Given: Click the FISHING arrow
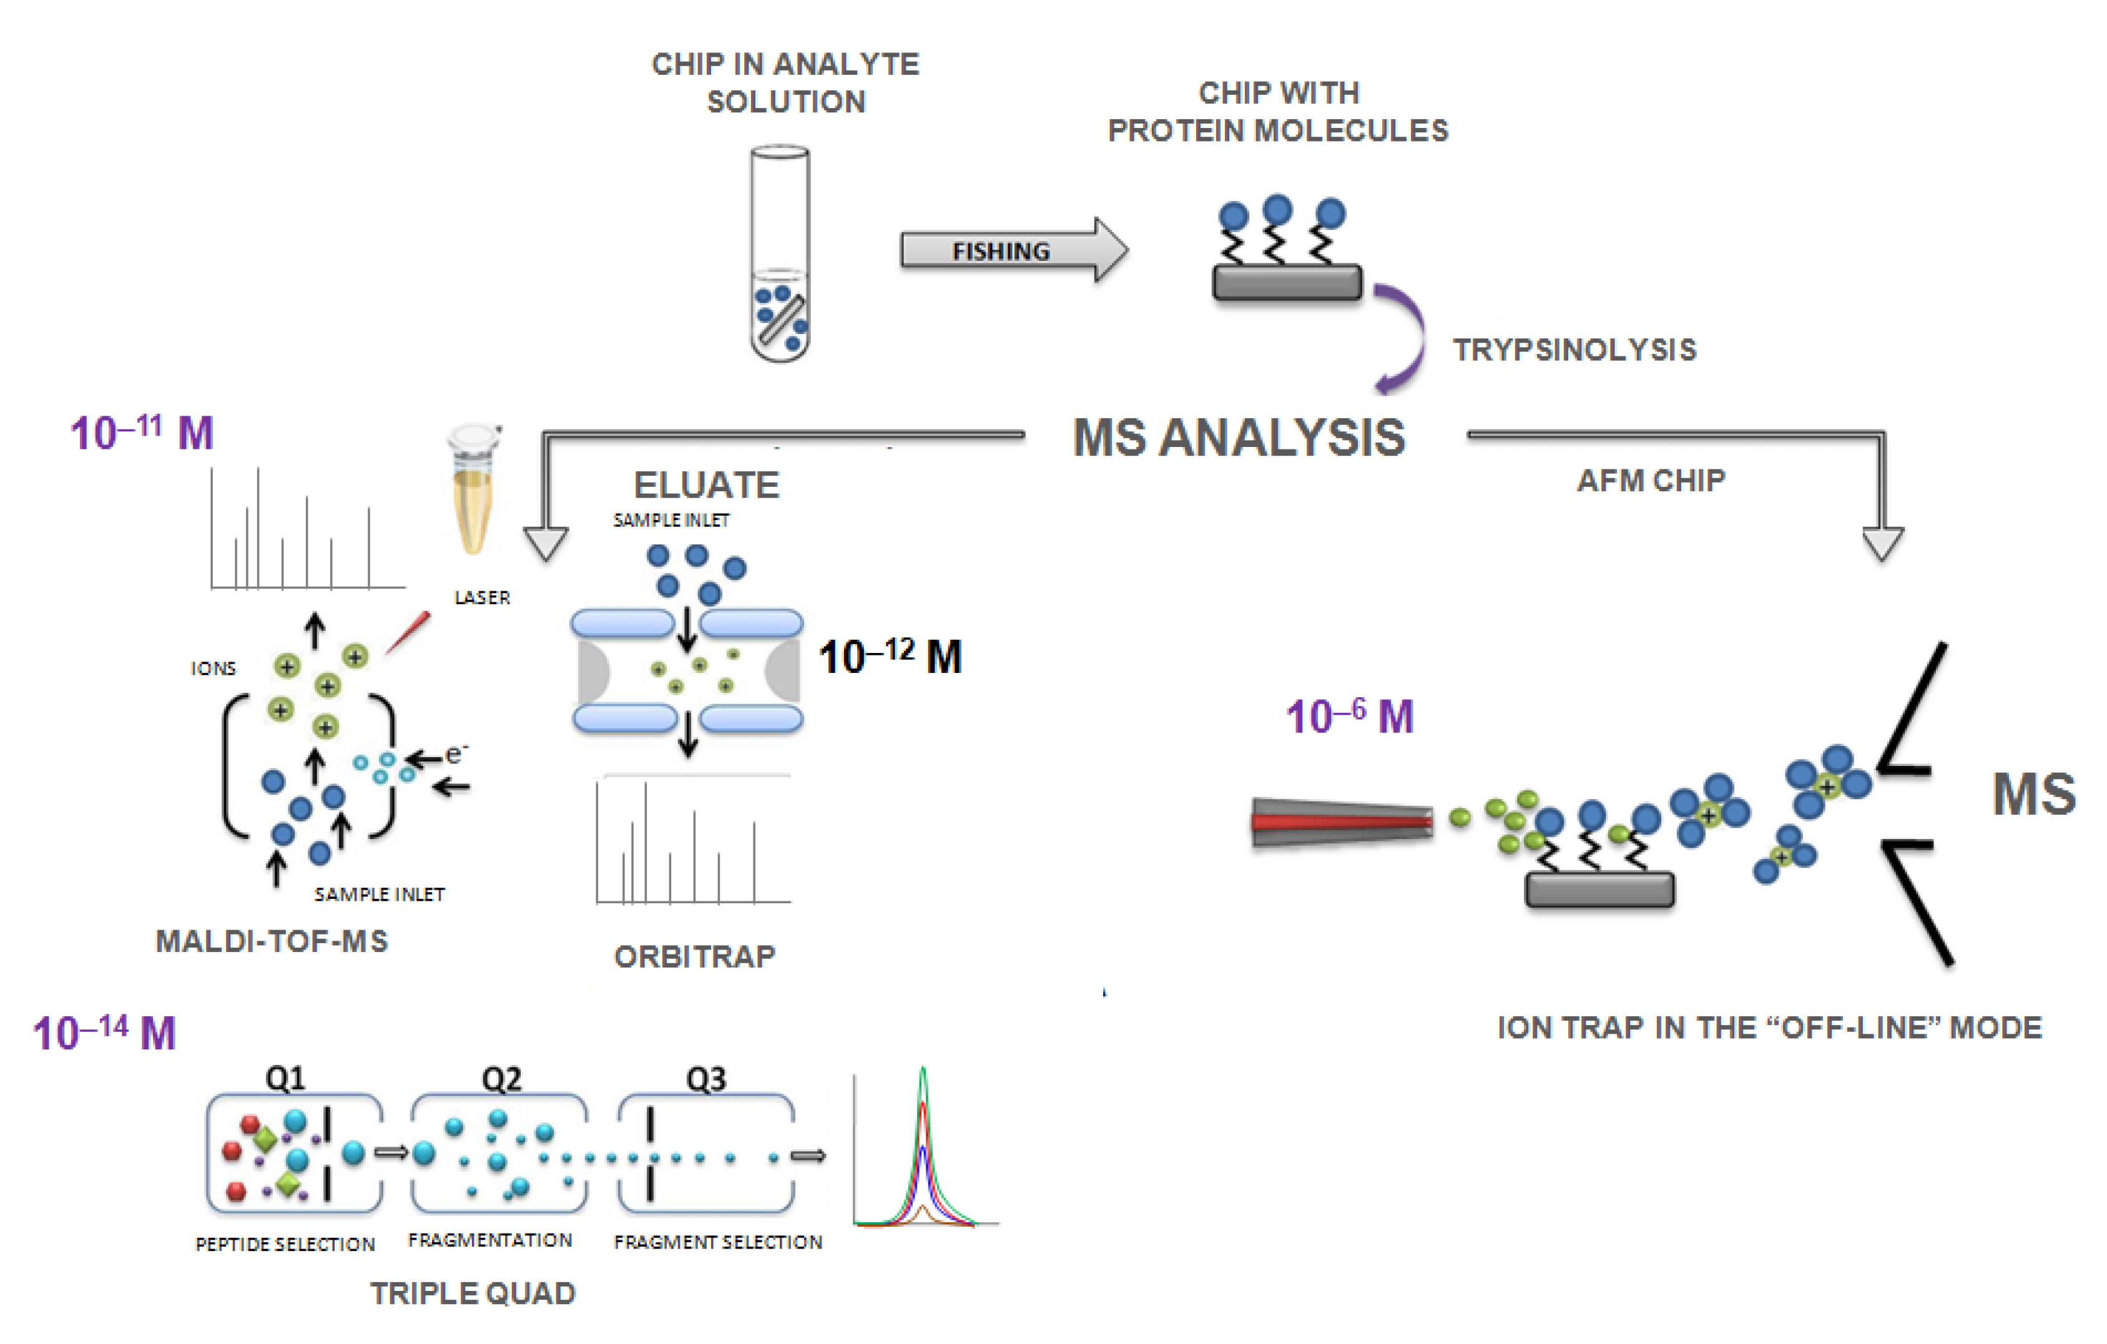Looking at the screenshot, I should pos(1006,250).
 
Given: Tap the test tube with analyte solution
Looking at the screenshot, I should pos(780,253).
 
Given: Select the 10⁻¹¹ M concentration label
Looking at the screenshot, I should pos(142,432).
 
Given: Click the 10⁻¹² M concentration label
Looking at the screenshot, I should pos(890,656).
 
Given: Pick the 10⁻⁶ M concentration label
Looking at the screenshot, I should pos(1349,717).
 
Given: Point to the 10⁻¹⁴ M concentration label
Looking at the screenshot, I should pos(104,1033).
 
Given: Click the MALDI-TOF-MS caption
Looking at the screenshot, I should pos(271,941).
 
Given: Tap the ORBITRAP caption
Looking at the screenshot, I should pos(695,956).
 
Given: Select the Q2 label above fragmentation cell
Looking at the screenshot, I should pos(501,1079).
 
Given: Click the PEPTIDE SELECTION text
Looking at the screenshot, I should pos(285,1244).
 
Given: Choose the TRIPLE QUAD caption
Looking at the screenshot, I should pos(473,1293).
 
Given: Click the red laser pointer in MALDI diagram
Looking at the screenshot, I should pos(408,631).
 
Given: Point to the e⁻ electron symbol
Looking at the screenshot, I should pos(456,753).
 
